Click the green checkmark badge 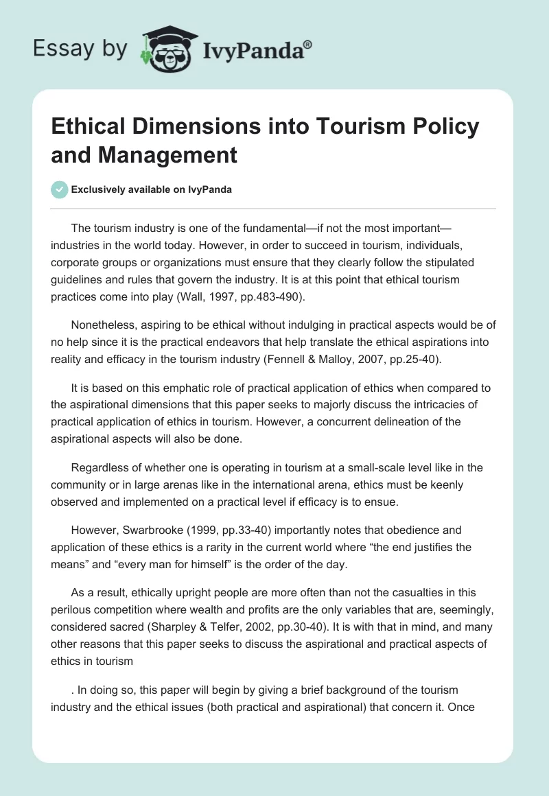[59, 190]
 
